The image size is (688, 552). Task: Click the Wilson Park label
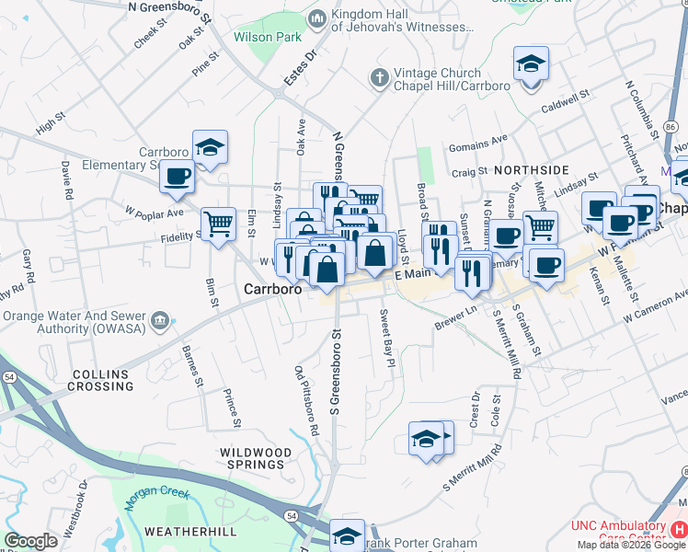click(256, 38)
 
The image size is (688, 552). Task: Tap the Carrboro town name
click(272, 289)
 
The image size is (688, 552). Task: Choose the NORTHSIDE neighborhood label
click(532, 170)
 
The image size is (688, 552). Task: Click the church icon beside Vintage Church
click(378, 78)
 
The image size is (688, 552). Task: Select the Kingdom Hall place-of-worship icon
click(318, 17)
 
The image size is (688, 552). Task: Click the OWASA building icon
click(161, 321)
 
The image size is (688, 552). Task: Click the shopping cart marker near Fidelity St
click(218, 224)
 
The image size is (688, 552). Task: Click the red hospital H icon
click(678, 530)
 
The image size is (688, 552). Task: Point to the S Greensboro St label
click(338, 368)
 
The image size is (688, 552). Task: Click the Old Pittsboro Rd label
click(306, 400)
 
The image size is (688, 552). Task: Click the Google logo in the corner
click(30, 541)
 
